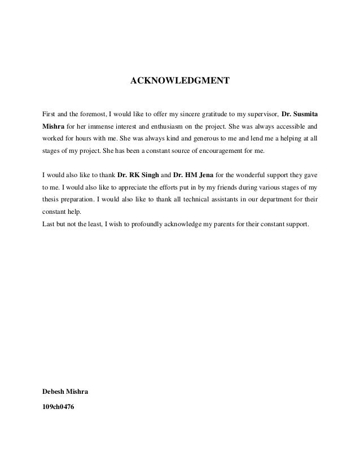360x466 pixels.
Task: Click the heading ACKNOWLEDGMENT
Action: pyautogui.click(x=180, y=81)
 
